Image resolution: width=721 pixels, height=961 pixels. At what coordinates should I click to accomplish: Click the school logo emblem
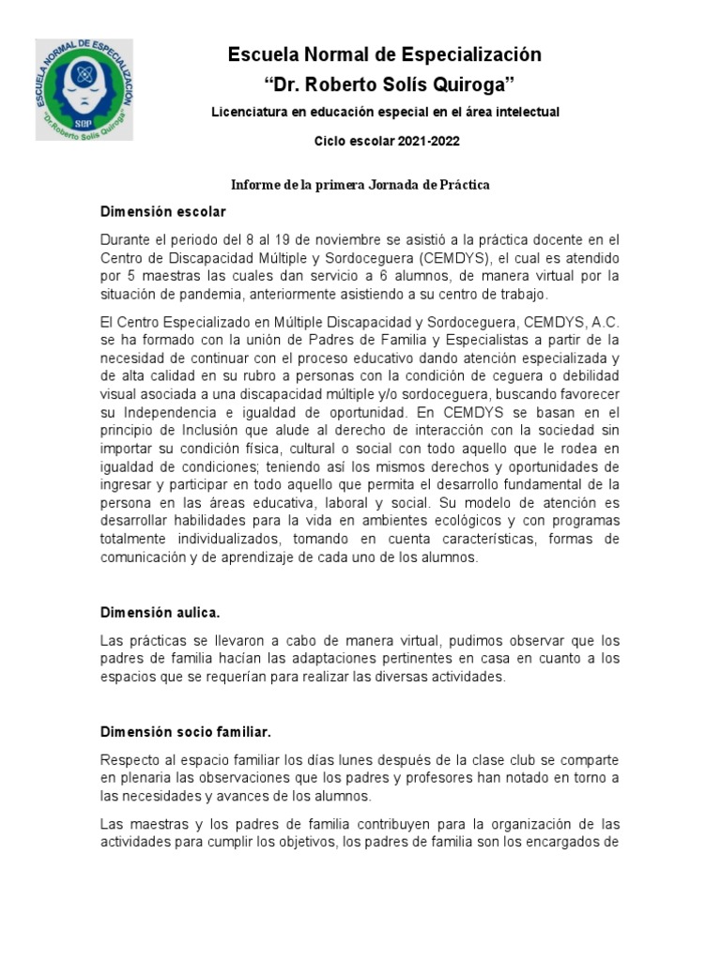[84, 90]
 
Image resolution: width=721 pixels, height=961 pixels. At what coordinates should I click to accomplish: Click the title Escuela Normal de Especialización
[385, 55]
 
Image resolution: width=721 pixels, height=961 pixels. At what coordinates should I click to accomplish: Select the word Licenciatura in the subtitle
[251, 113]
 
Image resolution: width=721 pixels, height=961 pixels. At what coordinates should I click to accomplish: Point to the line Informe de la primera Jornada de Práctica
[361, 185]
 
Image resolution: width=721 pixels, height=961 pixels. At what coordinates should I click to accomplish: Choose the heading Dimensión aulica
[160, 613]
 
